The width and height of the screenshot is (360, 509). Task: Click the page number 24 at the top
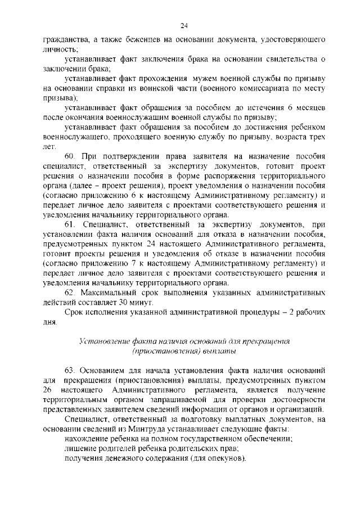tap(183, 25)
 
